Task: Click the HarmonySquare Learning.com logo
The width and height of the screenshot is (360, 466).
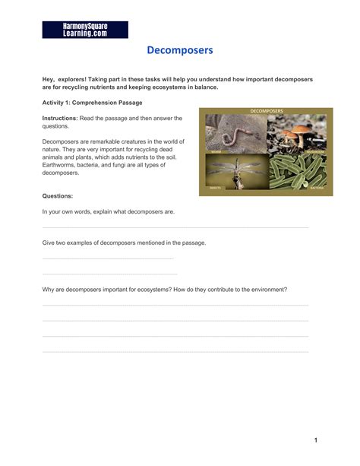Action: [x=85, y=30]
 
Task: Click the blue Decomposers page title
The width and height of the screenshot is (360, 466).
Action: [x=180, y=51]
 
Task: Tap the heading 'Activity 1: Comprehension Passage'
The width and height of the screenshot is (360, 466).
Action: [x=92, y=102]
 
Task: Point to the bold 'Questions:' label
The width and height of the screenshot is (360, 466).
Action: [x=58, y=195]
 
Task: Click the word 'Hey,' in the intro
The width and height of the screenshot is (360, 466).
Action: [x=49, y=79]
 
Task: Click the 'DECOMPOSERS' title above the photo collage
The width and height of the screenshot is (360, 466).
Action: [x=266, y=111]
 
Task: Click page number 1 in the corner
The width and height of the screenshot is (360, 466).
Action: [x=314, y=440]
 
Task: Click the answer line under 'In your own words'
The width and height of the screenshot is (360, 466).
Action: [x=175, y=227]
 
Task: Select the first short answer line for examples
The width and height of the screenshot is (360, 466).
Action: [x=108, y=258]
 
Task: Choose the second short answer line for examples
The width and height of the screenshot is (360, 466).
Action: [x=109, y=274]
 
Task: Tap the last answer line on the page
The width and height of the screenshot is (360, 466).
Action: [x=175, y=351]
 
